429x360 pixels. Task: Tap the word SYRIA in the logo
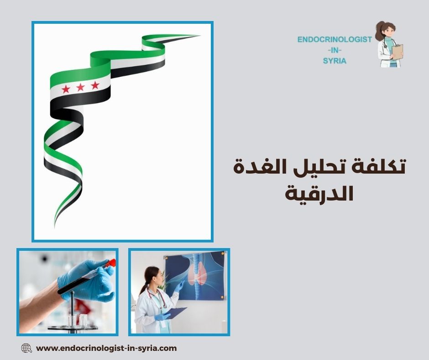(x=335, y=61)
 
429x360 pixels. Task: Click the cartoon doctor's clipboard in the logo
(x=397, y=52)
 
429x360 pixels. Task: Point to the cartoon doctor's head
(x=386, y=32)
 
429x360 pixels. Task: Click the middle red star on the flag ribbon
(x=80, y=87)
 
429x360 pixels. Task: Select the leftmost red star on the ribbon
(x=66, y=89)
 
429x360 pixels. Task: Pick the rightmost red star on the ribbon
(x=95, y=85)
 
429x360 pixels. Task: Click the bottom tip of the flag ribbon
(x=55, y=226)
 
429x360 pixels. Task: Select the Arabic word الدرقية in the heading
(x=319, y=193)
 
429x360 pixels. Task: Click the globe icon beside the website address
(x=26, y=348)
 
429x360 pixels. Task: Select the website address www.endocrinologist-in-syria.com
(x=106, y=348)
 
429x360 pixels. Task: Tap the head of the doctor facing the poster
(x=152, y=275)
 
